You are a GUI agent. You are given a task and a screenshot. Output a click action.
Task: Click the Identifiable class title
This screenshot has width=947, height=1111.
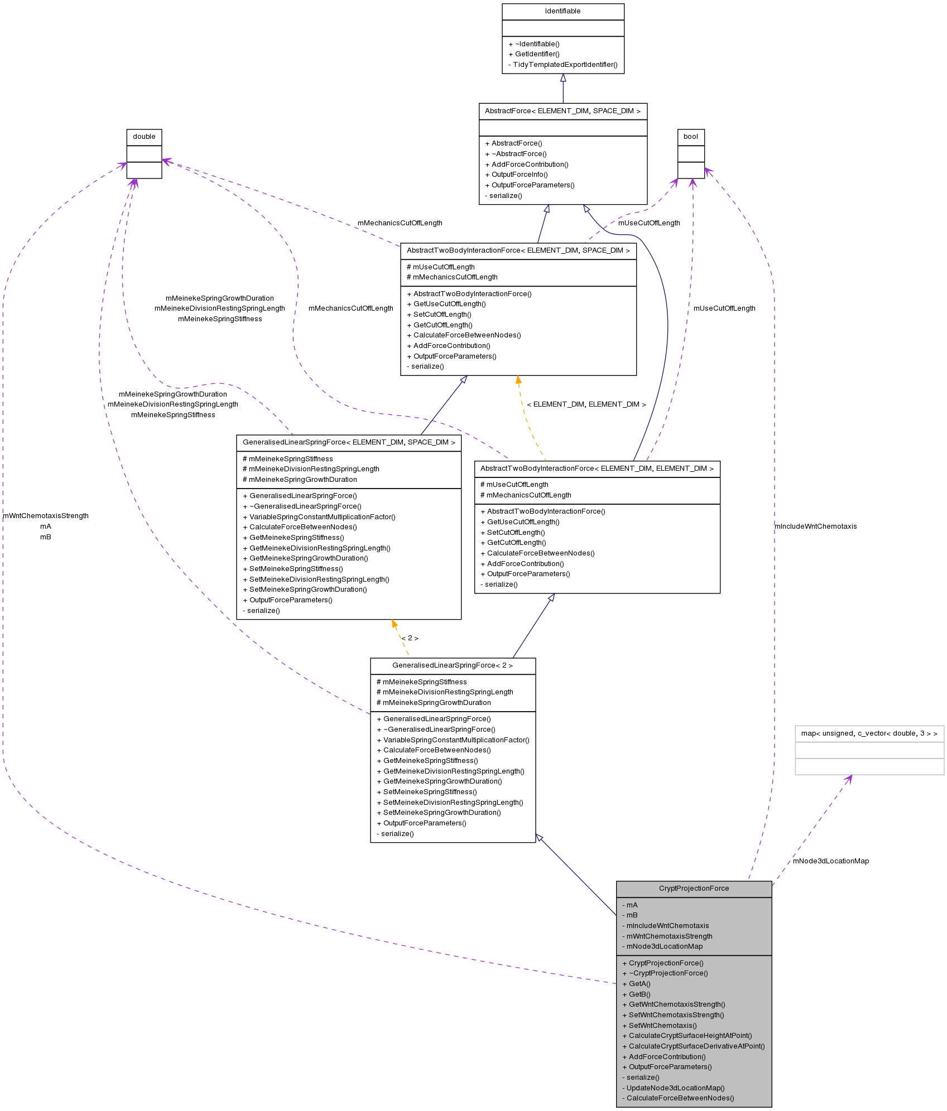(563, 11)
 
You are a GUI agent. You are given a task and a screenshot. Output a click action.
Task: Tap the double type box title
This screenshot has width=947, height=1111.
(144, 137)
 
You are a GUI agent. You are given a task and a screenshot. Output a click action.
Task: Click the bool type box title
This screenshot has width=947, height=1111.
(690, 137)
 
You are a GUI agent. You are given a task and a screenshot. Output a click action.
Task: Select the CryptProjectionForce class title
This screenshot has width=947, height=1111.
(694, 888)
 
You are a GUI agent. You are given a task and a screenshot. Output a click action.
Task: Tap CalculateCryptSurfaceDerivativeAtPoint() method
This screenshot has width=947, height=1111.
(696, 1046)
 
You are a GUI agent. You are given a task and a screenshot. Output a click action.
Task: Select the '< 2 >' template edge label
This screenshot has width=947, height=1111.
(410, 638)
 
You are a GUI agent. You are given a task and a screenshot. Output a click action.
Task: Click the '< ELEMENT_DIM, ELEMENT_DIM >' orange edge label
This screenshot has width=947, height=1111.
(586, 404)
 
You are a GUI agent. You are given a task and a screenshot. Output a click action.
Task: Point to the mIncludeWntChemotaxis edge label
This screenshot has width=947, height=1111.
(815, 526)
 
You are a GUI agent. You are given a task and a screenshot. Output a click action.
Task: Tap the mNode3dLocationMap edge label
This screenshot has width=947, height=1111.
(830, 861)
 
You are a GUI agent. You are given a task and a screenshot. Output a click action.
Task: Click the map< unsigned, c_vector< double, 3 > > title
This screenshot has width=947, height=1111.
(869, 733)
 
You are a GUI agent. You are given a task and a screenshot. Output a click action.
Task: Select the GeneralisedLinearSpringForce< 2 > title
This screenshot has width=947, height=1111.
(452, 665)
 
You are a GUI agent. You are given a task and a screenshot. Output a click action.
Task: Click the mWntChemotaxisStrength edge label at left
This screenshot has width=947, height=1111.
(46, 516)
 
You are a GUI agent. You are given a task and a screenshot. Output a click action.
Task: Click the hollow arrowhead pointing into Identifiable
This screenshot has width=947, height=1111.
(563, 78)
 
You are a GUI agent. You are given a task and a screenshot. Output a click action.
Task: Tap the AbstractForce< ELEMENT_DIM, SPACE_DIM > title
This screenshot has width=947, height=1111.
(563, 111)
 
